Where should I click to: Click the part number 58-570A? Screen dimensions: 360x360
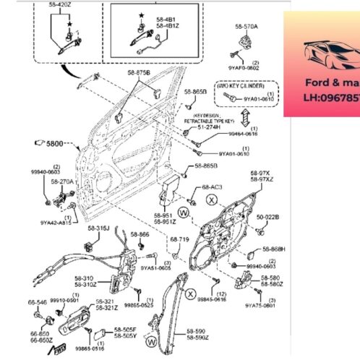(246, 27)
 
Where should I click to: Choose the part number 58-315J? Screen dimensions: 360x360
(98, 228)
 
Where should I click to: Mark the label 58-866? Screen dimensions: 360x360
(140, 235)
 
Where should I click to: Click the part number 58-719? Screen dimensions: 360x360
(179, 239)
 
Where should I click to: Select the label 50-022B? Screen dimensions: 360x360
(268, 217)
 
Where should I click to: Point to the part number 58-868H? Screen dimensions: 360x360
(274, 249)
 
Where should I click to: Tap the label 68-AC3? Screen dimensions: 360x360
(212, 187)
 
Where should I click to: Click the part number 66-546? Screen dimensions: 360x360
(38, 302)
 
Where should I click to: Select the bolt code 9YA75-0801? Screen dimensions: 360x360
(260, 305)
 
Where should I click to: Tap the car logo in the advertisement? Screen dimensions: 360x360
(330, 53)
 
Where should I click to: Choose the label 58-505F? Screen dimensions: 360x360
(126, 329)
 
